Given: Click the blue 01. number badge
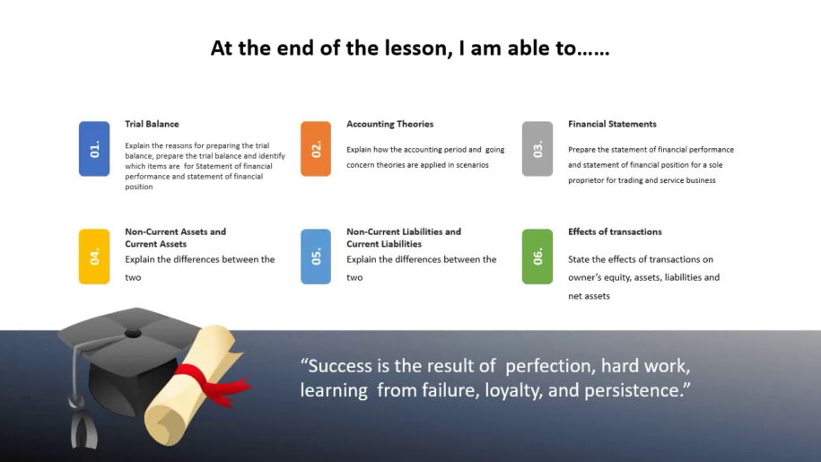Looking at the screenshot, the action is click(94, 149).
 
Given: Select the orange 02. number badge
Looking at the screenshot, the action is click(316, 149).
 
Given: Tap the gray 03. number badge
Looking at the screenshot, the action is click(537, 149).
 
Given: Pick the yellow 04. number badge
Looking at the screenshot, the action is click(94, 257).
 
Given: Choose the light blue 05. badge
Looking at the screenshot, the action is click(316, 257).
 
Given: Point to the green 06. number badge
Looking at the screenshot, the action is click(537, 257).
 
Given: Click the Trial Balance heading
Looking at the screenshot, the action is click(152, 124).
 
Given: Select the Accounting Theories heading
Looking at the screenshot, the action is click(390, 124).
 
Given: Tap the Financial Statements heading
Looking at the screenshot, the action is click(612, 124).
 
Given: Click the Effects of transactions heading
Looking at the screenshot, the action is click(615, 231).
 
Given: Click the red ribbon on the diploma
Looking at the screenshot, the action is click(212, 384).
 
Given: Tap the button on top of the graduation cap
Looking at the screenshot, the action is click(133, 334).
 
